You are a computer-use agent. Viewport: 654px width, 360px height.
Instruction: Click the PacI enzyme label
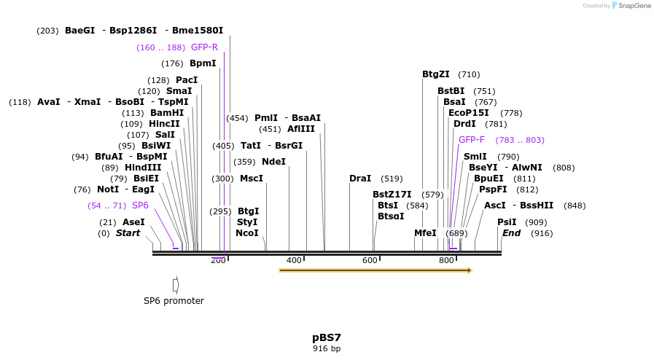tap(187, 80)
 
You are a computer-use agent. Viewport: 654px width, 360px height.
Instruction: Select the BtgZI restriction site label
tap(436, 74)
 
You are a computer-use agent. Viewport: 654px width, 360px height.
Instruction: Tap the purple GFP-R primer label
tap(204, 47)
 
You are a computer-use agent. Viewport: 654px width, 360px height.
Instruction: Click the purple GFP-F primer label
tap(472, 140)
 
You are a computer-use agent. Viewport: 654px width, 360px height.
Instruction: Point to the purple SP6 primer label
tap(140, 206)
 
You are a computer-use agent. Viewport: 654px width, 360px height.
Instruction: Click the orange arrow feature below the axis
tap(375, 270)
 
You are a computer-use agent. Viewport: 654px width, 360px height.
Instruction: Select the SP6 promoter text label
tap(174, 301)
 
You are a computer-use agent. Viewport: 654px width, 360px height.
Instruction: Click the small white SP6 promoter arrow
tap(176, 284)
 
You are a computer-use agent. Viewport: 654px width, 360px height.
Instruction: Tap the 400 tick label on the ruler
tap(294, 261)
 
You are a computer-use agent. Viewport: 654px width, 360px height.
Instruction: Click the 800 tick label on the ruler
tap(446, 261)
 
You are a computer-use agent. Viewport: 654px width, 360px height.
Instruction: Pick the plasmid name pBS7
tap(327, 337)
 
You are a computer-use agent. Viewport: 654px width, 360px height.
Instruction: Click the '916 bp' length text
tap(327, 349)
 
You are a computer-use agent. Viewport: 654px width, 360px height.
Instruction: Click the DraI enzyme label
tap(360, 179)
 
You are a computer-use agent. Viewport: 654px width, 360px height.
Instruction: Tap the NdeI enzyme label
tap(273, 162)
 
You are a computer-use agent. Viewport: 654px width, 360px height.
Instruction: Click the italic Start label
tap(128, 233)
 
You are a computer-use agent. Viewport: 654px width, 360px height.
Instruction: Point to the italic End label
tap(511, 233)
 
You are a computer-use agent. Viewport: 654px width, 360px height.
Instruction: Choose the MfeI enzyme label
tap(425, 233)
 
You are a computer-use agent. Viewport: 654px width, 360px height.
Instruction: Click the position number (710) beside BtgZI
tap(469, 74)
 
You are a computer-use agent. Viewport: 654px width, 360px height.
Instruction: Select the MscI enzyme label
tap(252, 179)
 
